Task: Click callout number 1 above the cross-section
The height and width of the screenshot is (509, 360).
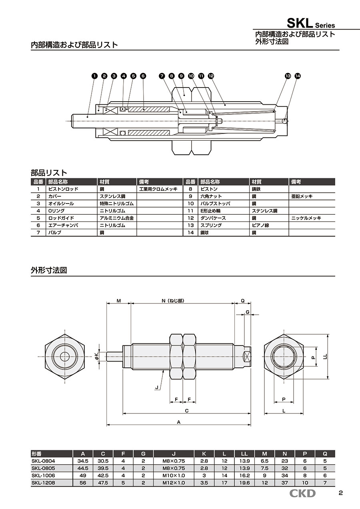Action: pyautogui.click(x=94, y=76)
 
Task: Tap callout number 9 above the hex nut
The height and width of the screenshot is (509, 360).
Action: pyautogui.click(x=181, y=76)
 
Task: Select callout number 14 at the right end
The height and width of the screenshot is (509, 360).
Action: pyautogui.click(x=297, y=76)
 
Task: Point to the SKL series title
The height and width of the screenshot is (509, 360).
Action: pyautogui.click(x=316, y=24)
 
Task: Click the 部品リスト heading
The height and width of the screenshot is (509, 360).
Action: pyautogui.click(x=49, y=173)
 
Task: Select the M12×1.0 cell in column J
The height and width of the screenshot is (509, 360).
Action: pyautogui.click(x=174, y=483)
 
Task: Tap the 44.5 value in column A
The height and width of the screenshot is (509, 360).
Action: pyautogui.click(x=83, y=468)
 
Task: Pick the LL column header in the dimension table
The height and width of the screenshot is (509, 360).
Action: pyautogui.click(x=244, y=454)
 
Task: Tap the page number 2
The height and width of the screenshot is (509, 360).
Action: pyautogui.click(x=340, y=493)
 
